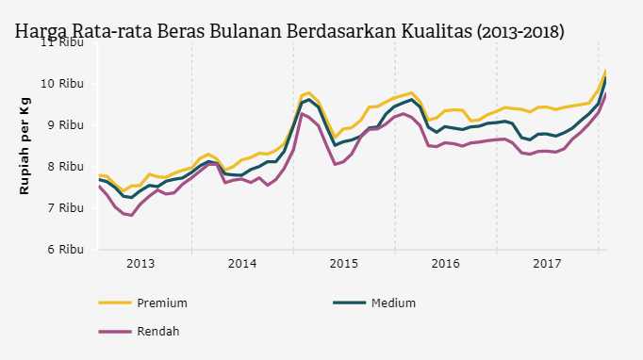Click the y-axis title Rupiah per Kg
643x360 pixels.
click(x=25, y=146)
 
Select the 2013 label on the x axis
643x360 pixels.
click(x=140, y=263)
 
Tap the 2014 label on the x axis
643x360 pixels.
click(x=241, y=263)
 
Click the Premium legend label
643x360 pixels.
click(x=161, y=303)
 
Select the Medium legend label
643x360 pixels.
click(x=394, y=303)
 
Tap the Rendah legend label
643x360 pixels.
click(x=158, y=331)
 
